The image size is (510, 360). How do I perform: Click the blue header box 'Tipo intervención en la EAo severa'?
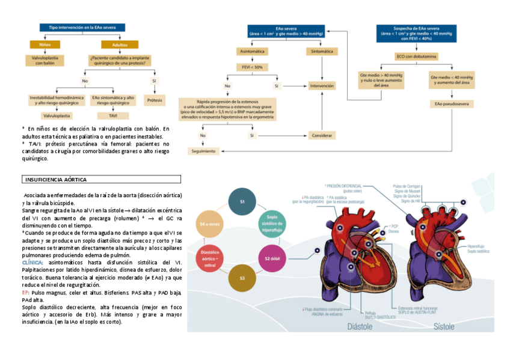tap(82, 28)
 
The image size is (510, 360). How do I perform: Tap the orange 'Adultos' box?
tap(119, 44)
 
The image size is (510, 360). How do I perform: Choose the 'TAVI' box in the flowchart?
tap(112, 115)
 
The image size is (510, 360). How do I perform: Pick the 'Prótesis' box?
tap(155, 100)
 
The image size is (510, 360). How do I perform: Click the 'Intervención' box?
tap(322, 86)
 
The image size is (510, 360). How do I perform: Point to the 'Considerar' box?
tap(322, 135)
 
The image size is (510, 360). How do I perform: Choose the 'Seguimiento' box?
tap(203, 151)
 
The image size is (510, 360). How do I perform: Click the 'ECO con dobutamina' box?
tap(416, 56)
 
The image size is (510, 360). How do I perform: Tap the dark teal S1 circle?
tap(242, 202)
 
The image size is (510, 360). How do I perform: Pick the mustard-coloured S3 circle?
tap(242, 278)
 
